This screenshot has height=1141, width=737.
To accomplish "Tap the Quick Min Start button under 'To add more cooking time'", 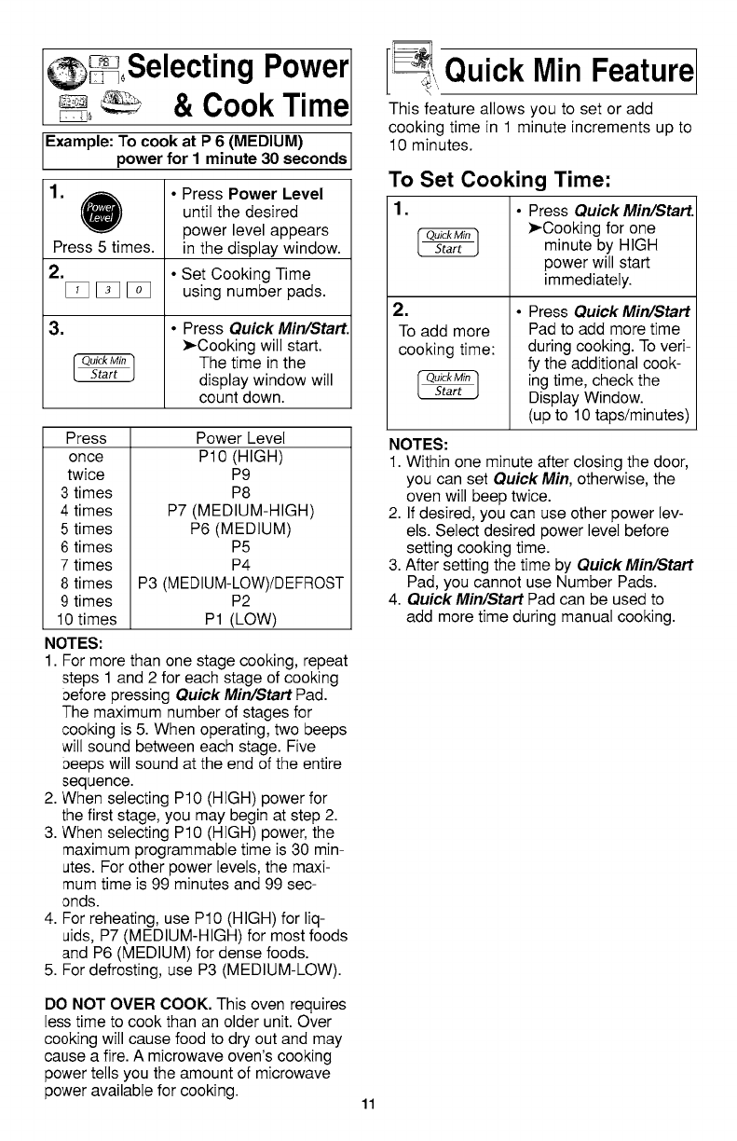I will pyautogui.click(x=449, y=385).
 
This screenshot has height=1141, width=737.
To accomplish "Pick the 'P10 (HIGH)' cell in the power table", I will pyautogui.click(x=241, y=457).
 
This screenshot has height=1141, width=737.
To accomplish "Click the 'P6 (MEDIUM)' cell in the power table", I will pyautogui.click(x=241, y=529).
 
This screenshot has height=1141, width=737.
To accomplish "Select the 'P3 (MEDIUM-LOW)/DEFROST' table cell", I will pyautogui.click(x=241, y=584).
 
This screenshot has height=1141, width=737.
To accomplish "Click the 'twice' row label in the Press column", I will pyautogui.click(x=86, y=474).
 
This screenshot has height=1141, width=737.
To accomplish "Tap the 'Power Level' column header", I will pyautogui.click(x=241, y=438).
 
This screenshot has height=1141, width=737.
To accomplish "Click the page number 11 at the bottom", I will pyautogui.click(x=369, y=1106).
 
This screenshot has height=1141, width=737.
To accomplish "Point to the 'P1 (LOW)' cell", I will pyautogui.click(x=241, y=619).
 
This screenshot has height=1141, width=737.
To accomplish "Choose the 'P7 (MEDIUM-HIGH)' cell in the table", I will pyautogui.click(x=241, y=511).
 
